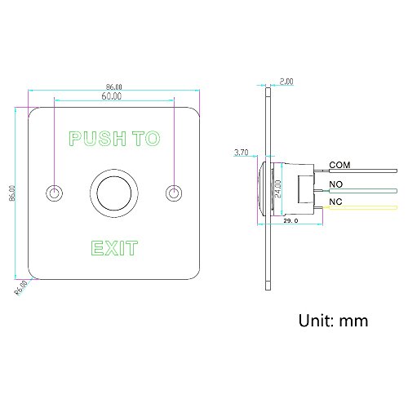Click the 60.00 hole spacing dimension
[x=112, y=96]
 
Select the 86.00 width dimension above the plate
[x=114, y=86]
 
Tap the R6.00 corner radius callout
[x=21, y=287]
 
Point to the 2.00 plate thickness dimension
[x=286, y=82]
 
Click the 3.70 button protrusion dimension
[x=242, y=153]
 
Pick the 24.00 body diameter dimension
[x=277, y=188]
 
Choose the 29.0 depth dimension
[x=290, y=220]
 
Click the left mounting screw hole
[x=55, y=193]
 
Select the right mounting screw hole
[x=174, y=193]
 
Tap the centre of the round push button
[x=114, y=193]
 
